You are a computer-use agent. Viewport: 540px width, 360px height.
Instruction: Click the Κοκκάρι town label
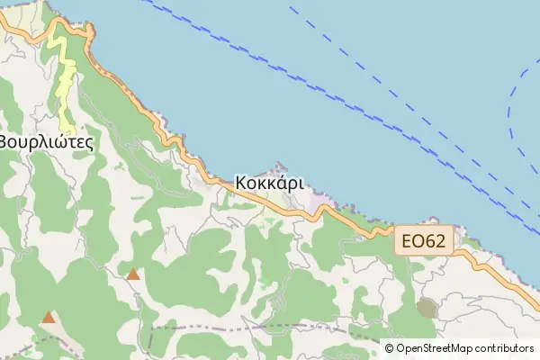click(270, 182)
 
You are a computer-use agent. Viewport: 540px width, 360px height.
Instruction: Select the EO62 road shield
click(423, 241)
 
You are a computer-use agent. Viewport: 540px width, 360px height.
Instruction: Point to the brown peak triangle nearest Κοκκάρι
click(133, 274)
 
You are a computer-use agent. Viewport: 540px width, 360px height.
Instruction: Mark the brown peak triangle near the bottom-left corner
click(48, 317)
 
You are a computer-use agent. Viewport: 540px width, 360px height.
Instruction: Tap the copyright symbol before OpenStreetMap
click(390, 348)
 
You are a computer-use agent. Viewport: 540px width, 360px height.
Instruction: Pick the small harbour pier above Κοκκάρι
click(281, 166)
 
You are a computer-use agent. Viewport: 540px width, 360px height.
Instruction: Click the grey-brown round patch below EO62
click(427, 309)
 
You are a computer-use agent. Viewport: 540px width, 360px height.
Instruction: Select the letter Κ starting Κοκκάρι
click(241, 182)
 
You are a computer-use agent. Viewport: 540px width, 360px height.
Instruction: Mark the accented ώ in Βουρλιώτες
click(58, 141)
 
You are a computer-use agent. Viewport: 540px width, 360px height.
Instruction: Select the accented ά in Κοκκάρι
click(280, 182)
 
